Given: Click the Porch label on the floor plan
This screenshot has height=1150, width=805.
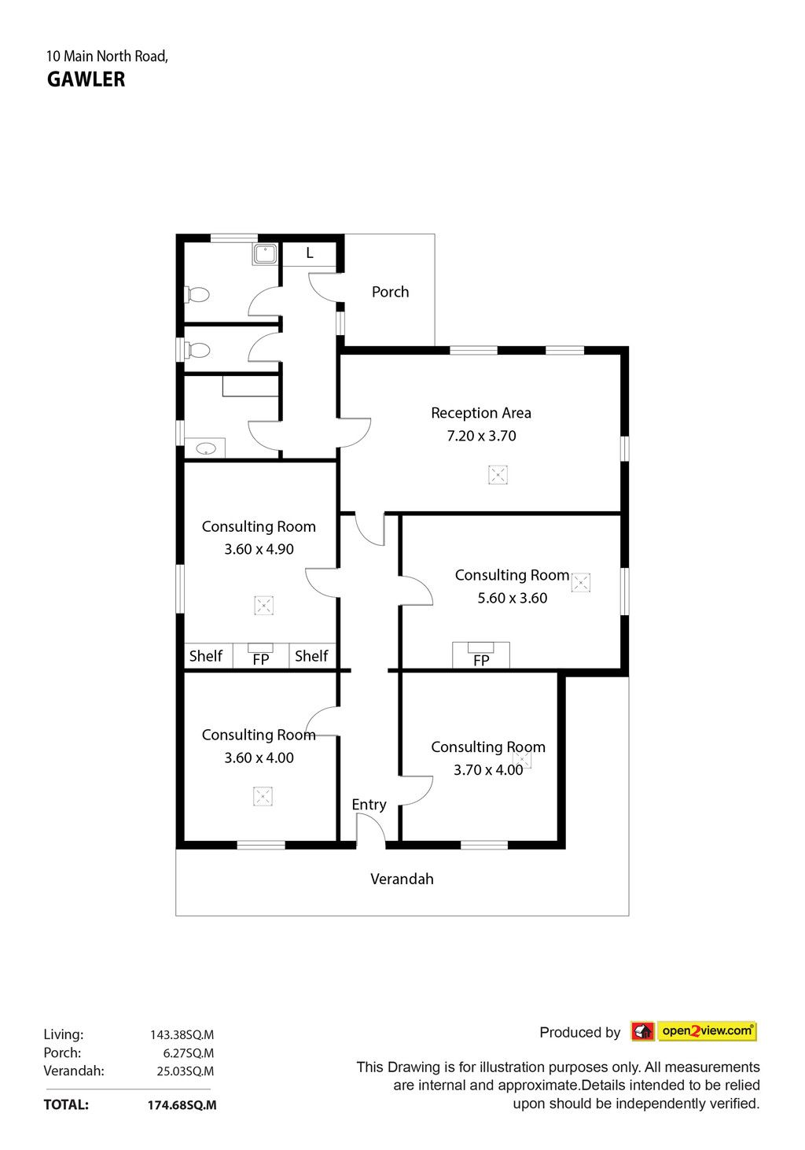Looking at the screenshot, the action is click(390, 292).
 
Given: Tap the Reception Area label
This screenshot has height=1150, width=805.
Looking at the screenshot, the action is click(481, 413).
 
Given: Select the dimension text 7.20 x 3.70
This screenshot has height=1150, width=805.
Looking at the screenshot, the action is click(481, 436).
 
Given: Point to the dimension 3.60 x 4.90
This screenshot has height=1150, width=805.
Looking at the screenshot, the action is click(259, 549).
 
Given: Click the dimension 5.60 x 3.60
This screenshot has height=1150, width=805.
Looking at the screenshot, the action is click(512, 598).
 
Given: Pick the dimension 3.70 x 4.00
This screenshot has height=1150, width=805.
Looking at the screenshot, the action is click(488, 770).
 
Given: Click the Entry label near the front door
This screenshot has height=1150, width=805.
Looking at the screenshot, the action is click(369, 805).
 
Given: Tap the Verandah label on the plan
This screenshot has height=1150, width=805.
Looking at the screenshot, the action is click(402, 879).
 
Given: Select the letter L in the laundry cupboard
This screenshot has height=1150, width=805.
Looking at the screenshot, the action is click(310, 253).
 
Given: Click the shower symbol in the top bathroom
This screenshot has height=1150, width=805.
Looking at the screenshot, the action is click(265, 254).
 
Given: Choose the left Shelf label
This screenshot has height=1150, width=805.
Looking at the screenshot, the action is click(206, 656).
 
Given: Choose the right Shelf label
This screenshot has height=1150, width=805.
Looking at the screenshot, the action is click(311, 656).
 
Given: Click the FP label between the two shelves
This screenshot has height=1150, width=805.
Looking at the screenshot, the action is click(261, 660).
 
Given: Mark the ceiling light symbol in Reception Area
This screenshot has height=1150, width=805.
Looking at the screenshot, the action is click(498, 475).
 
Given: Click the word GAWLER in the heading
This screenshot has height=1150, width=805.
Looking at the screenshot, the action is click(86, 79).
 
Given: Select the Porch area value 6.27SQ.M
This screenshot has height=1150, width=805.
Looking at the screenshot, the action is click(189, 1053).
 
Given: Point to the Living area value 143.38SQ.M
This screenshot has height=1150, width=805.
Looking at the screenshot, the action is click(182, 1034).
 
